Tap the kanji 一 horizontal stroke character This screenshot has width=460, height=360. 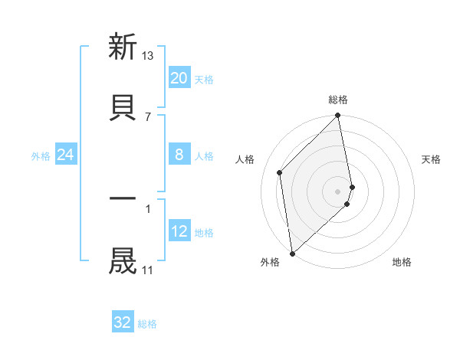click(x=123, y=198)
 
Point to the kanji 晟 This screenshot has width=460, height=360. click(x=123, y=261)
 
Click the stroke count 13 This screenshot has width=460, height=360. click(x=148, y=55)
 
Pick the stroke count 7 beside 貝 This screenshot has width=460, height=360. click(x=148, y=116)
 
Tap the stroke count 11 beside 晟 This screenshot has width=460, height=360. click(x=148, y=270)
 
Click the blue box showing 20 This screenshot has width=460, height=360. click(x=179, y=78)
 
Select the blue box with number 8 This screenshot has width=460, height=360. click(x=179, y=155)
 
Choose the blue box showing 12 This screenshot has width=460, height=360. click(x=179, y=231)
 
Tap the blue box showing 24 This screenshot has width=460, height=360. click(x=66, y=155)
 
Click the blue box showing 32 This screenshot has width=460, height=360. click(x=123, y=322)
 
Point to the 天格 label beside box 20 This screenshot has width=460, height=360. click(x=204, y=79)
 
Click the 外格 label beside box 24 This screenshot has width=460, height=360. click(x=41, y=156)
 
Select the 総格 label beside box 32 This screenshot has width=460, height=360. click(x=147, y=323)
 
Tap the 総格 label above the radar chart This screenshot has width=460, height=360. click(x=338, y=100)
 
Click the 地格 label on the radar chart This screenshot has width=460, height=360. click(x=402, y=263)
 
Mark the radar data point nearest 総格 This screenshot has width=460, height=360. click(x=338, y=116)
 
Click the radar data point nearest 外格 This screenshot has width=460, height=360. click(x=292, y=253)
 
